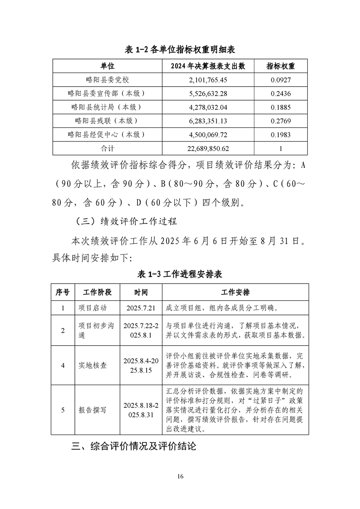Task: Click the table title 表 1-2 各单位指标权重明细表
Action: point(180,49)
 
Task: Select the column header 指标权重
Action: point(280,66)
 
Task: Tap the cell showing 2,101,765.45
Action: point(208,80)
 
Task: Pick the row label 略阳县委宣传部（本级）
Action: point(107,94)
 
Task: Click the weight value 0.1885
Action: point(281,108)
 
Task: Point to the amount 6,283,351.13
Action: point(208,121)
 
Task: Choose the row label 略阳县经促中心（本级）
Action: point(107,135)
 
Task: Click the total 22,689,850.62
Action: point(208,148)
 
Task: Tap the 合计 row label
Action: point(107,148)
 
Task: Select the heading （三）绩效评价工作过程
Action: point(124,222)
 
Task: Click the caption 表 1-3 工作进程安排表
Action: point(180,274)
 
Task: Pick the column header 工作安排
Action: point(235,292)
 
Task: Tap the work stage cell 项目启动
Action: point(93,308)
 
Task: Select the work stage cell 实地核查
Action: point(93,365)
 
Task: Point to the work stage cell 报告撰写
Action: point(93,410)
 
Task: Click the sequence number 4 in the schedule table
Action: point(63,365)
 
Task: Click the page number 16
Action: point(180,476)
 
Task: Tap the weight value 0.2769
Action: point(281,121)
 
